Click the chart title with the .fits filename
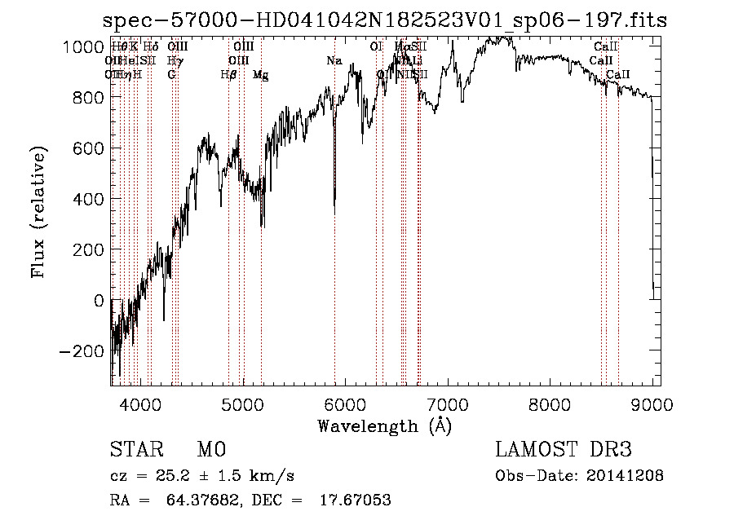386,20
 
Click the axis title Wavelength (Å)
384,425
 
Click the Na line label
334,61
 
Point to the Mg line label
260,75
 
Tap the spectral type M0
211,450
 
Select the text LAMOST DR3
564,450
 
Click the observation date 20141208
627,476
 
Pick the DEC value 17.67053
356,500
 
